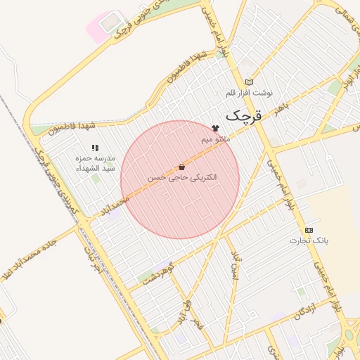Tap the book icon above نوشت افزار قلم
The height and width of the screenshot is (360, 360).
point(248,82)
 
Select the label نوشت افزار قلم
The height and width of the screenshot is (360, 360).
point(249,93)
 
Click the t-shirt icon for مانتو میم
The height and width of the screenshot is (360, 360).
point(215,128)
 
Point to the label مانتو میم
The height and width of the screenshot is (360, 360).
point(216,139)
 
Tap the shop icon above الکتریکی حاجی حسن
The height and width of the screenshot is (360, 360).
point(182,167)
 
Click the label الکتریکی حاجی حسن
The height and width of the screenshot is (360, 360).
point(182,179)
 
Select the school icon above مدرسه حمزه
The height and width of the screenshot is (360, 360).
point(94,148)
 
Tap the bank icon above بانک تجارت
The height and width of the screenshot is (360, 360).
point(309,230)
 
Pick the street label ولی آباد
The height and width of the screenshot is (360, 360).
point(185,311)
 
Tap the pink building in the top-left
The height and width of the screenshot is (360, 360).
point(106,25)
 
